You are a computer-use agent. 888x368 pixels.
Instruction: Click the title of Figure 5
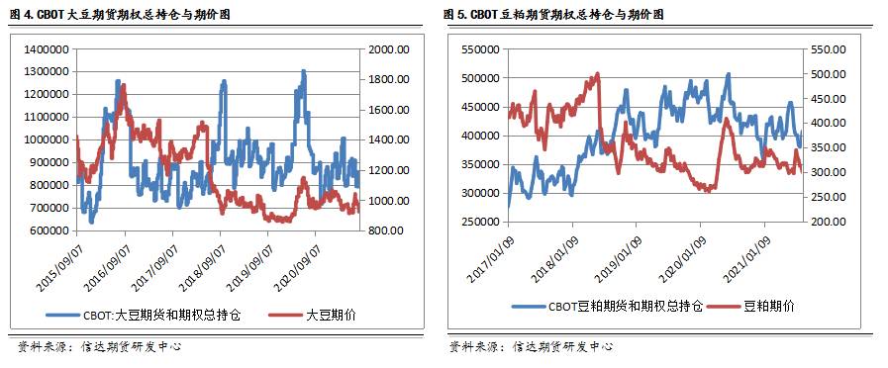click(x=553, y=15)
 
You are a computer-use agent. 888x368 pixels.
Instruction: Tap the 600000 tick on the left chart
click(x=46, y=230)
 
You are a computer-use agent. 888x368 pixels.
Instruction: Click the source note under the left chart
click(x=99, y=347)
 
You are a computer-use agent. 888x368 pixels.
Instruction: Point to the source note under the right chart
click(x=530, y=347)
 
